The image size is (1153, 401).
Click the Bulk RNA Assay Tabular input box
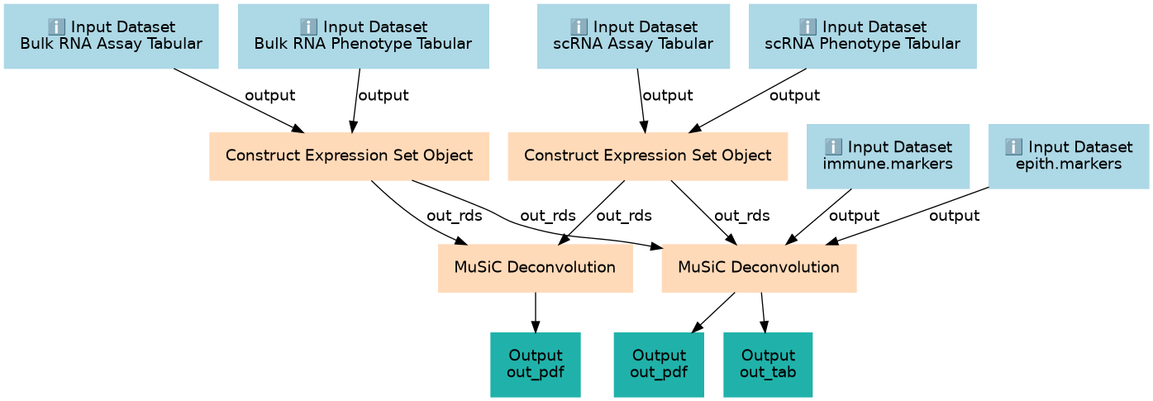[x=112, y=36]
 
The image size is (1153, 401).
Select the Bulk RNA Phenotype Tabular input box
[x=364, y=36]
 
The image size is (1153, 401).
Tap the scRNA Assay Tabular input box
[x=633, y=36]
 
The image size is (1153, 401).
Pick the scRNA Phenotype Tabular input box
[x=862, y=36]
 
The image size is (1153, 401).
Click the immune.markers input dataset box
[x=888, y=156]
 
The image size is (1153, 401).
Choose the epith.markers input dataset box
[x=1069, y=156]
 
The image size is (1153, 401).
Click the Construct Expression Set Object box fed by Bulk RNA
[x=349, y=156]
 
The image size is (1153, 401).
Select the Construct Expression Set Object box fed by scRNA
[x=647, y=156]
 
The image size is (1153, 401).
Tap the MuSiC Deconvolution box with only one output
[x=536, y=268]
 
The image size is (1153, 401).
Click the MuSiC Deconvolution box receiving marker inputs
[x=760, y=268]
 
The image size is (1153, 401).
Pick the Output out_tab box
[x=768, y=365]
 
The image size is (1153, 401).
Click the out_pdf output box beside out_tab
[x=659, y=365]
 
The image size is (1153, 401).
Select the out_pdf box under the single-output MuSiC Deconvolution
[x=536, y=365]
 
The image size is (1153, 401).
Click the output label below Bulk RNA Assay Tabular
[x=269, y=95]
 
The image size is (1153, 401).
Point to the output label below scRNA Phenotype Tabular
[x=794, y=95]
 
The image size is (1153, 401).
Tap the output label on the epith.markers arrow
[x=954, y=215]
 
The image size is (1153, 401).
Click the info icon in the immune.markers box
[x=833, y=146]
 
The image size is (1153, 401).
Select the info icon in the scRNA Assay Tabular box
[x=579, y=26]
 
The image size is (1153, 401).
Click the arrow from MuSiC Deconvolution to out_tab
[x=764, y=313]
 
